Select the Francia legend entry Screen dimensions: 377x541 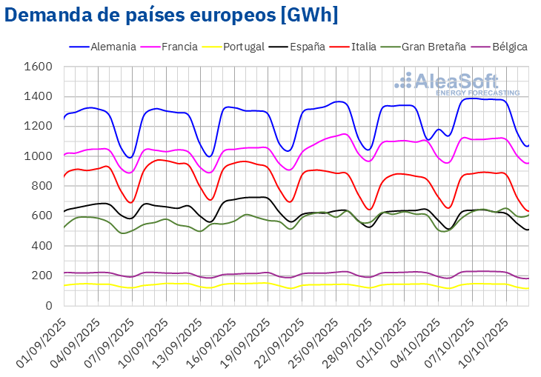[176, 47]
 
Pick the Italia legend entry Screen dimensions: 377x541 [365, 47]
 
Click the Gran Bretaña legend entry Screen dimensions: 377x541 [434, 47]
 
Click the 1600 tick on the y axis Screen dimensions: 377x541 [39, 67]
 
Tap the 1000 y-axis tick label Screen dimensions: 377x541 [39, 156]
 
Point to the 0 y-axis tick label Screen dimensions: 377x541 [48, 305]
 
